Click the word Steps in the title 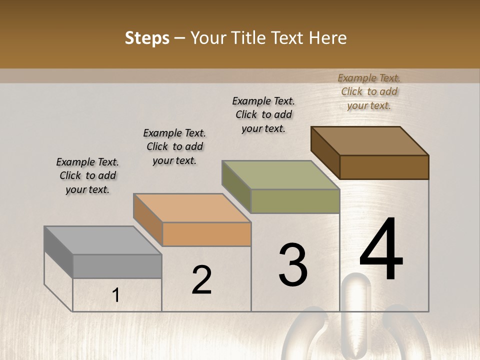(147, 38)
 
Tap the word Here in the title (328, 38)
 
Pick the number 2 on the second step (201, 280)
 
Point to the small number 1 (116, 295)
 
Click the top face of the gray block (102, 240)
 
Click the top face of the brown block (369, 141)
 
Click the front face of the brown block (384, 167)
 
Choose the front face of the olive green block (295, 201)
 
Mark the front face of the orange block (206, 234)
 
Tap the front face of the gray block (117, 266)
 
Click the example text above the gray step (87, 175)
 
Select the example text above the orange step (174, 146)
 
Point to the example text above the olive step (263, 114)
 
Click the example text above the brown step (369, 91)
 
